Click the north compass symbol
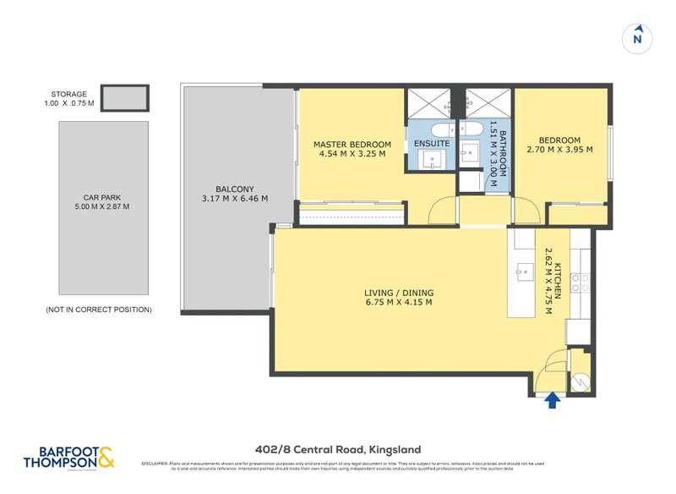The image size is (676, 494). point(638,38)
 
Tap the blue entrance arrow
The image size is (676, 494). point(553,400)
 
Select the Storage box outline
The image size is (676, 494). point(125,98)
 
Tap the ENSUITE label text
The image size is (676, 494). point(431,144)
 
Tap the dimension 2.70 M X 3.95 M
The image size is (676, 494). point(560,150)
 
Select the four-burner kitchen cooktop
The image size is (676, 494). point(580,281)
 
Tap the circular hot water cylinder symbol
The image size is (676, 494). point(580,381)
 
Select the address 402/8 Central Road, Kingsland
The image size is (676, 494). point(338,449)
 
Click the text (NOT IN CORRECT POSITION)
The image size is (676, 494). point(99,310)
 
